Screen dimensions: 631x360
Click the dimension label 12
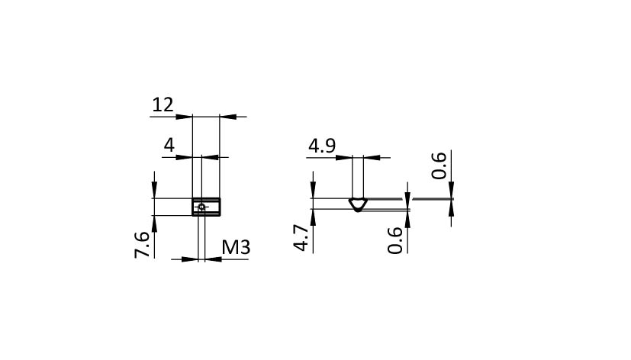(163, 105)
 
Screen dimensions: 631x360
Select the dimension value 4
(169, 145)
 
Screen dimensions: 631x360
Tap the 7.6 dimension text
(142, 245)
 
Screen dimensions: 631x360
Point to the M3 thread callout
(237, 247)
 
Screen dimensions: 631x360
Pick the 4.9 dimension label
(322, 146)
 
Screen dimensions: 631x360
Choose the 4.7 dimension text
(301, 238)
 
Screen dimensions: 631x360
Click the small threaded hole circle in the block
(201, 207)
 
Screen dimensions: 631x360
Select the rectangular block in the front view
(206, 207)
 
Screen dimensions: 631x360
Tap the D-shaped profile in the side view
(358, 204)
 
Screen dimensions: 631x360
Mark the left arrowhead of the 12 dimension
(185, 117)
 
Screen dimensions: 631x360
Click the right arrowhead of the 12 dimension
(228, 117)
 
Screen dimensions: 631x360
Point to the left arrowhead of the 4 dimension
(185, 157)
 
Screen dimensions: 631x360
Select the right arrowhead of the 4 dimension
(210, 157)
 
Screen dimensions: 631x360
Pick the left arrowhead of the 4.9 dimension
(344, 158)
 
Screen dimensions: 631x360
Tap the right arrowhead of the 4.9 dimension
(372, 158)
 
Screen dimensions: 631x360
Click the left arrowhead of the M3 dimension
(190, 259)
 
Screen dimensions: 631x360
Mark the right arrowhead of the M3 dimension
(214, 259)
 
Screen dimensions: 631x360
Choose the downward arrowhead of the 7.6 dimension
(155, 190)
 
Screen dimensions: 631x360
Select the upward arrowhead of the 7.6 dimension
(155, 223)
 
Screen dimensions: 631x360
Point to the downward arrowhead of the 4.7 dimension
(313, 190)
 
